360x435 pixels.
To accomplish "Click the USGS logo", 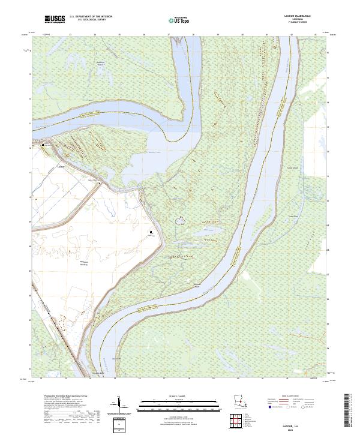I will [x=55, y=19].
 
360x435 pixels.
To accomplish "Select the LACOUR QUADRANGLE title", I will [x=298, y=16].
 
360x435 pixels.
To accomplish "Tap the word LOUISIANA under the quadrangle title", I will [x=298, y=19].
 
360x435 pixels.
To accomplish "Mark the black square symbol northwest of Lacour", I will [x=43, y=145].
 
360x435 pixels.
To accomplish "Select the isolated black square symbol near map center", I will [x=151, y=232].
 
